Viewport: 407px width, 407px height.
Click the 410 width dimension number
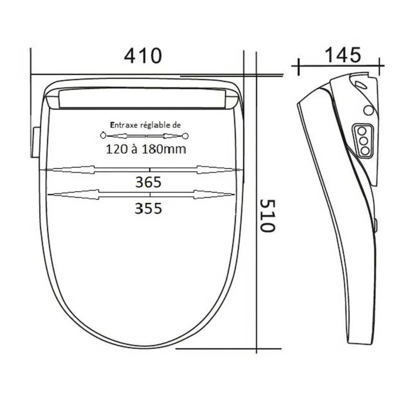click(x=143, y=56)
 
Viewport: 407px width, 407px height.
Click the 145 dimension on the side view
click(x=343, y=55)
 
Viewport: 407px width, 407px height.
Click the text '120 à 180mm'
click(x=145, y=149)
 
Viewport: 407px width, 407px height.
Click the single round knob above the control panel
click(x=369, y=110)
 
